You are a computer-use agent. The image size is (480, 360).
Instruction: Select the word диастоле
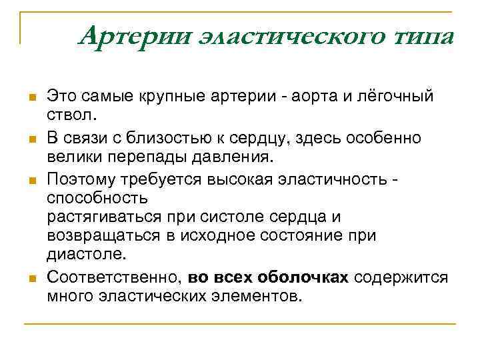85,254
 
